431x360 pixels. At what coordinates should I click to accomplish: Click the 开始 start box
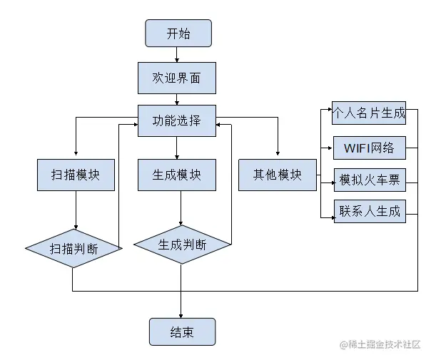178,34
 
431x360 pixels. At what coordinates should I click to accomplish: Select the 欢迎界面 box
176,77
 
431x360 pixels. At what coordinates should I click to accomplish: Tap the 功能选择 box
176,120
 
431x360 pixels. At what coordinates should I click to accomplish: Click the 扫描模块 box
76,175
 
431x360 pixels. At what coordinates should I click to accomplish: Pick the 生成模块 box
176,175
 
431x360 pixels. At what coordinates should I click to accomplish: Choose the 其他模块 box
277,175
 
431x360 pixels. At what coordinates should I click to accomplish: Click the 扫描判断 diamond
74,248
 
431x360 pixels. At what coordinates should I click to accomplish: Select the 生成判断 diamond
182,245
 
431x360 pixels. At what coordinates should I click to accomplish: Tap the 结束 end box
182,332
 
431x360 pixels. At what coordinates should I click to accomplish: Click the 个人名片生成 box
368,113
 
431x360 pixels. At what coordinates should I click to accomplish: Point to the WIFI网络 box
369,149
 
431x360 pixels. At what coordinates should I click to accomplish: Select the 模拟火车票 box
369,181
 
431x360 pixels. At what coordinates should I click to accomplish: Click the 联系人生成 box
369,211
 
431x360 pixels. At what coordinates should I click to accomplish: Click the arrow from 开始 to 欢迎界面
178,55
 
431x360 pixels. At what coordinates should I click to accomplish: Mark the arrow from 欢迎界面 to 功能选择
177,99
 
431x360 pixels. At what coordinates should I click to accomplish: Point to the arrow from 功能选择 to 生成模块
177,147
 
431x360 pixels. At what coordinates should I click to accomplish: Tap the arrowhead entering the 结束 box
181,314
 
